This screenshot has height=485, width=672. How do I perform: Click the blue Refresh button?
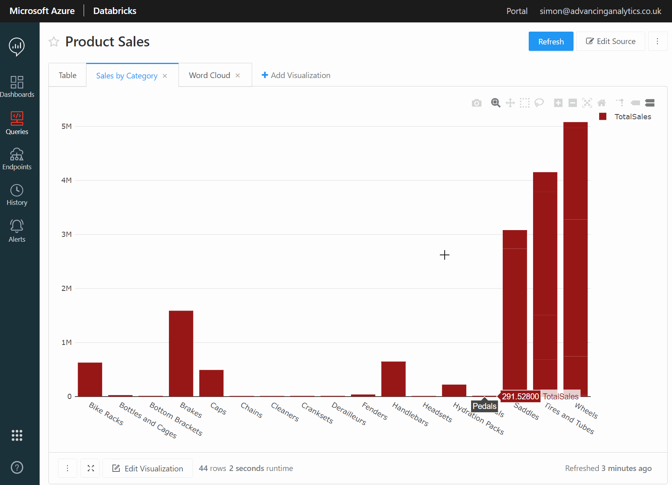point(551,42)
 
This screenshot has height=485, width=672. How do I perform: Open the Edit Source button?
point(610,42)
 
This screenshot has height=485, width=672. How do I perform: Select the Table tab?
point(67,75)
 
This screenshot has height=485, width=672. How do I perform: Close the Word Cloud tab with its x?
point(238,76)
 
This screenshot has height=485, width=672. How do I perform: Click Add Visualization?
point(296,75)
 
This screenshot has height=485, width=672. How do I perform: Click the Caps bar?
point(211,383)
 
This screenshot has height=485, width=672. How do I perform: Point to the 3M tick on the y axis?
point(66,234)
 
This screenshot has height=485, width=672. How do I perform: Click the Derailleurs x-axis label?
point(349,413)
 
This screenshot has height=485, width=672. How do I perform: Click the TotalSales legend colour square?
point(603,116)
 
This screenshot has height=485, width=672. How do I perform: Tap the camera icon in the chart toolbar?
point(476,103)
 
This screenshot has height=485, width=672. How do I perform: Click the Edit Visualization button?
point(148,468)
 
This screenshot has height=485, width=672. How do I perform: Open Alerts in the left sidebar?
point(17,230)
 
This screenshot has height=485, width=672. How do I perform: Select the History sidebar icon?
point(17,195)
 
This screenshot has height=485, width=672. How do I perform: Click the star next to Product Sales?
point(54,42)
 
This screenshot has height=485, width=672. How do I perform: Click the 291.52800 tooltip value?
point(520,396)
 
